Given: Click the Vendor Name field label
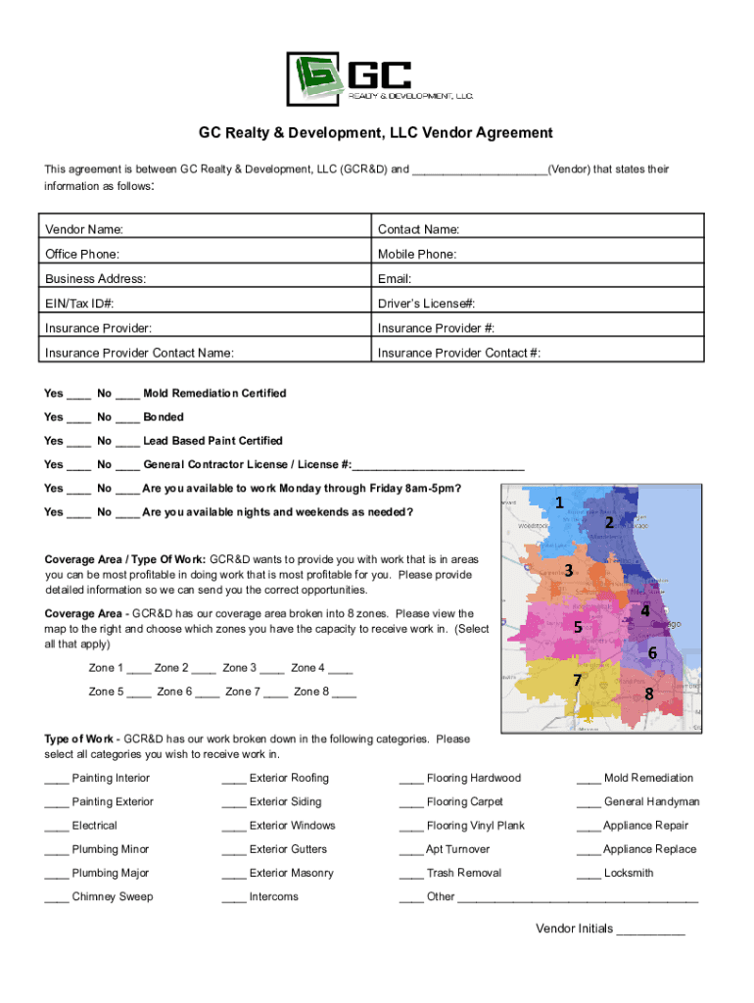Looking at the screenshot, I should pos(84,229).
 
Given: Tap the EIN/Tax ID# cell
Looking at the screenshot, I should pos(206,304).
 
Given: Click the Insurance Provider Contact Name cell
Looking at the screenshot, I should pos(206,353).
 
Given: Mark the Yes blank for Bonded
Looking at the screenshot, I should pos(79,418).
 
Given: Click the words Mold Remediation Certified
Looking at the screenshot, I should pos(214,394).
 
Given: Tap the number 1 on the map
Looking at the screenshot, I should pos(559,503).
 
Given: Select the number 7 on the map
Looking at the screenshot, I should pos(578,680).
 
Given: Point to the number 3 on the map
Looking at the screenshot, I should pos(568,570).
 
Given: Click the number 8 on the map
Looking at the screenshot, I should pos(648,693).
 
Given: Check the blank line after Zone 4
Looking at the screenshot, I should pos(341,669).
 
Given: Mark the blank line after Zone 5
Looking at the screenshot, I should pos(138,693).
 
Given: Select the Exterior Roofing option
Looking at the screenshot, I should pos(289,779).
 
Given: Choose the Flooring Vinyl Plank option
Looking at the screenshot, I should pos(475,826).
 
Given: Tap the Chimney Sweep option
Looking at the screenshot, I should pos(112,897).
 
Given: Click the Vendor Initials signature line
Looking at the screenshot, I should pos(650,931).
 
